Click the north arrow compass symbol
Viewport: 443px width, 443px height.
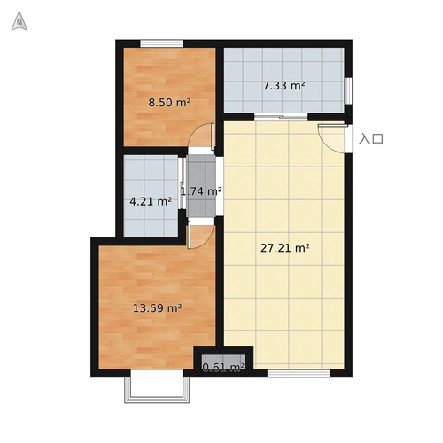(x=19, y=21)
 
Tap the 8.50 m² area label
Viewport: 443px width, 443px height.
(x=169, y=103)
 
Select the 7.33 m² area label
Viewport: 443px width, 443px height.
(x=284, y=86)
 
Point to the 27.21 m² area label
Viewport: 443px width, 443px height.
(x=285, y=248)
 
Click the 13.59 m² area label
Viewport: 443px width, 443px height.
(x=157, y=308)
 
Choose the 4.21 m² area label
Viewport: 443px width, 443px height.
(x=151, y=202)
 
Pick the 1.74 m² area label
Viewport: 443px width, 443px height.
(x=201, y=191)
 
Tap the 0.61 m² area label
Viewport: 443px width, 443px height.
(x=223, y=367)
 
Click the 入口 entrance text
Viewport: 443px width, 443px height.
(x=371, y=139)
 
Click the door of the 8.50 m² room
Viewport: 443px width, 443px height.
(x=201, y=135)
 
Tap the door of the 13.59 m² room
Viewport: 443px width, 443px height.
(x=200, y=236)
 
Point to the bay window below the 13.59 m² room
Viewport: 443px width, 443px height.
(x=157, y=386)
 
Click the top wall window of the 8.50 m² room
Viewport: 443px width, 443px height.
(x=161, y=43)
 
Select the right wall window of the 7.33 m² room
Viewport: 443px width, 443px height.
(x=348, y=90)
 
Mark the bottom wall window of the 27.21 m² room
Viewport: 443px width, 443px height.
(x=299, y=373)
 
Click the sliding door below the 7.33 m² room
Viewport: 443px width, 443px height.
(x=281, y=117)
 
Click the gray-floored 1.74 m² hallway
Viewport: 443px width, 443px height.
(x=202, y=186)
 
